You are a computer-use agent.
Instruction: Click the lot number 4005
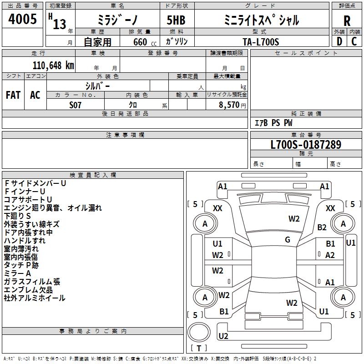[x=23, y=20]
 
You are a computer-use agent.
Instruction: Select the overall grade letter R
[x=347, y=20]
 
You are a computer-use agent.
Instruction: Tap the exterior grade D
[x=339, y=41]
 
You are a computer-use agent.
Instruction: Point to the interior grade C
[x=354, y=41]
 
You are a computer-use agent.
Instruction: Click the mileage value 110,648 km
[x=53, y=66]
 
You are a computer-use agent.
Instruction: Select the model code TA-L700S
[x=261, y=41]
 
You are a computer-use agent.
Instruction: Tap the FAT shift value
[x=13, y=95]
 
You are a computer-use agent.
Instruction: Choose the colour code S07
[x=76, y=105]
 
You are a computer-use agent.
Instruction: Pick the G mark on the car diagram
[x=288, y=240]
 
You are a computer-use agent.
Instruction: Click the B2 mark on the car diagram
[x=322, y=227]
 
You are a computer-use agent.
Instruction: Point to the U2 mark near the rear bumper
[x=223, y=336]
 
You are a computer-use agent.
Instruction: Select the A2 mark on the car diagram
[x=330, y=255]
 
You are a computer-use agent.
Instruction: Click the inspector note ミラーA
[x=17, y=273]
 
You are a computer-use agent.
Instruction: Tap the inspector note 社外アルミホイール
[x=35, y=298]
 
